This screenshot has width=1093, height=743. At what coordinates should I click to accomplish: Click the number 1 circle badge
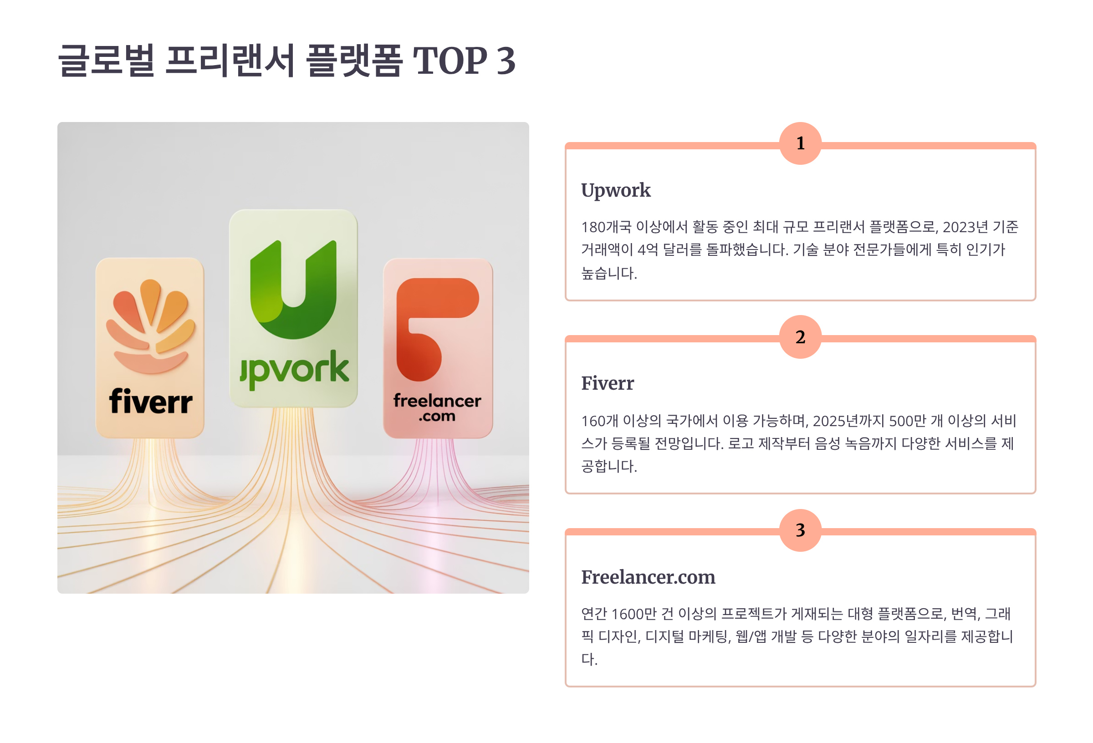click(x=800, y=143)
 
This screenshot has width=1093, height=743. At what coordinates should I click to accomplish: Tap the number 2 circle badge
click(x=800, y=337)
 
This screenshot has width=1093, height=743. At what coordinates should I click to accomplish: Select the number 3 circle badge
click(x=800, y=530)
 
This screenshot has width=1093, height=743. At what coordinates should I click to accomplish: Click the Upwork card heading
click(x=616, y=191)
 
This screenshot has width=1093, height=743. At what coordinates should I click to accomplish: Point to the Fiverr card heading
click(x=607, y=383)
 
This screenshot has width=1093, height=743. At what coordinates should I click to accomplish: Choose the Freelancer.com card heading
click(x=648, y=577)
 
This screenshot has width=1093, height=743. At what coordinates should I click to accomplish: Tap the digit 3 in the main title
click(x=506, y=61)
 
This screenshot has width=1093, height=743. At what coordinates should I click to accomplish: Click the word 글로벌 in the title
click(x=106, y=60)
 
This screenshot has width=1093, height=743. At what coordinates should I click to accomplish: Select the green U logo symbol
click(x=293, y=289)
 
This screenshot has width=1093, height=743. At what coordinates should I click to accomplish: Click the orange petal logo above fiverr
click(x=150, y=326)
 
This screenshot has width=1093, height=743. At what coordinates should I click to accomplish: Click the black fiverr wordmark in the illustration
click(x=150, y=401)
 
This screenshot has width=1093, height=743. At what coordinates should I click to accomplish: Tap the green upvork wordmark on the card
click(x=294, y=370)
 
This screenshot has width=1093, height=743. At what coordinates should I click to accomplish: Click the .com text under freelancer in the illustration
click(x=437, y=416)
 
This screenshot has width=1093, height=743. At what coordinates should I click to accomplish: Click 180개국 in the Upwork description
click(x=606, y=227)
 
